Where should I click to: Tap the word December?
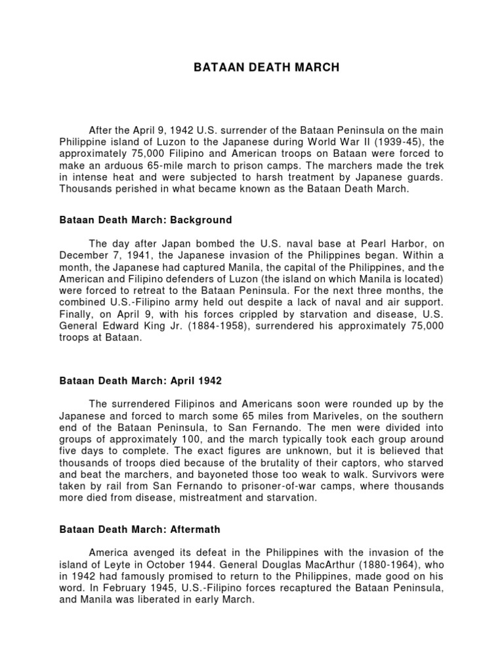[84, 255]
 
